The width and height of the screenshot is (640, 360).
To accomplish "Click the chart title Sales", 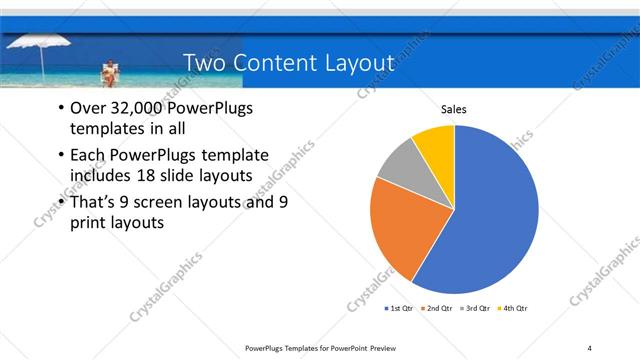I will [x=454, y=109].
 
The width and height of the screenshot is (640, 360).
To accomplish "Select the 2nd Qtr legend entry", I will [x=437, y=308].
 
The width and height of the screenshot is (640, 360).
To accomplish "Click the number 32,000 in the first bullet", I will [x=137, y=108].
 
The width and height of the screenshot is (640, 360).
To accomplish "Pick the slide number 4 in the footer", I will [x=590, y=347].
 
